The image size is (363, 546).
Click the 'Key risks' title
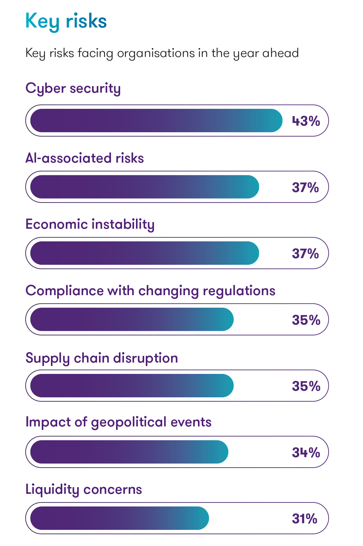coord(66,21)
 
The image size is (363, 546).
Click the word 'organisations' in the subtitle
coord(156,53)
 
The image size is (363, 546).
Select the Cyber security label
coord(73,89)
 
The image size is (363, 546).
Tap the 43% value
coord(306,121)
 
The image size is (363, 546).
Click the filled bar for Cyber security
coord(156,121)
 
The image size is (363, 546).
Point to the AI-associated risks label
coord(84,158)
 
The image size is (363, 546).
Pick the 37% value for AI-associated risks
coord(305,188)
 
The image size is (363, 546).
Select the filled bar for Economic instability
coord(145,253)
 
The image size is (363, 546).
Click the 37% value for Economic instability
coord(305,254)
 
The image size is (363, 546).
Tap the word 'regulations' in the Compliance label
coord(239,291)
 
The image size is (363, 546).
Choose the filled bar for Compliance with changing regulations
coord(132,320)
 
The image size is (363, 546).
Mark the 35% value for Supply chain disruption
coord(306,386)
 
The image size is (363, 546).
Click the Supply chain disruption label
coord(102,358)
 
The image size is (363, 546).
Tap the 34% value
coord(306,453)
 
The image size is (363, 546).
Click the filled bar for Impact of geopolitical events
coord(129,452)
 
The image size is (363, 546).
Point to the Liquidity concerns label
coord(83,490)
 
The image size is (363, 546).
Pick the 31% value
coord(305,519)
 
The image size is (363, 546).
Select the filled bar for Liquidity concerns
coord(120,518)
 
